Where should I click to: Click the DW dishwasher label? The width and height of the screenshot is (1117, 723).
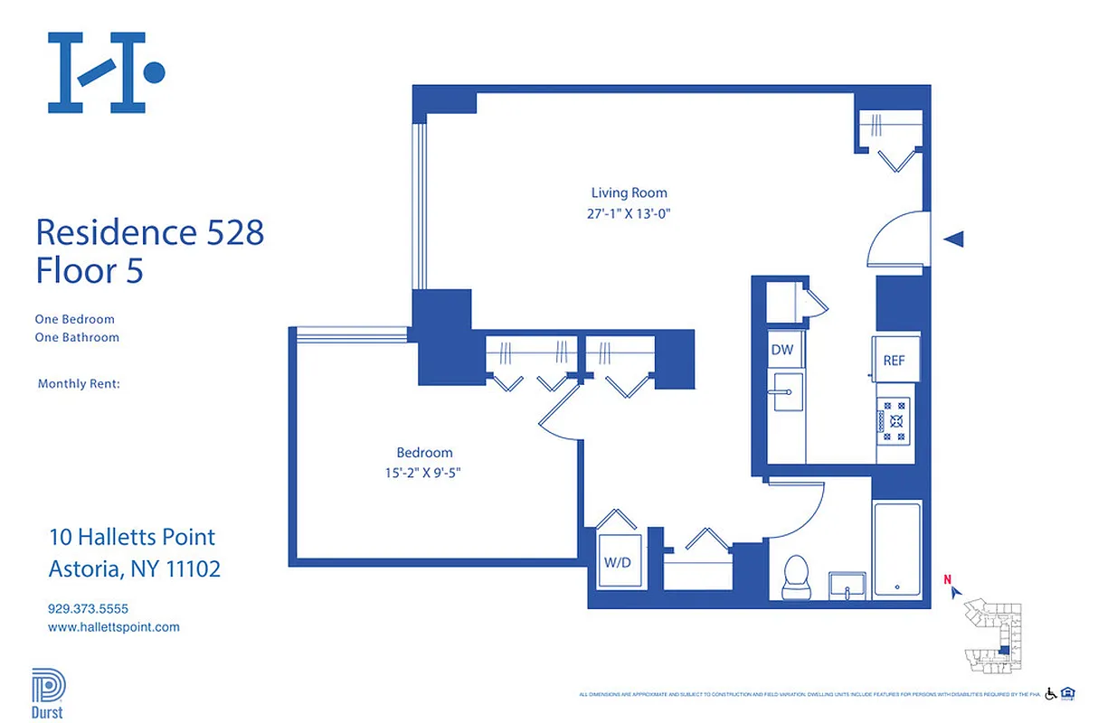(781, 350)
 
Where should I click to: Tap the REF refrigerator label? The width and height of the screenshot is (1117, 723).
(894, 361)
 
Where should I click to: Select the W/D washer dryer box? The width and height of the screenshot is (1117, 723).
(618, 561)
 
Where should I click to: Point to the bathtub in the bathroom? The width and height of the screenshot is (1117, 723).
(897, 549)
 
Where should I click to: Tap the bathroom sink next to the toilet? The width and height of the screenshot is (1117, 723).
(848, 585)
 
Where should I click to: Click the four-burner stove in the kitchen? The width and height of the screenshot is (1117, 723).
(896, 420)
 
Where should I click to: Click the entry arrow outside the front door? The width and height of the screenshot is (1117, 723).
(953, 239)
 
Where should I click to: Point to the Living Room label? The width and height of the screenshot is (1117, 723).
(629, 192)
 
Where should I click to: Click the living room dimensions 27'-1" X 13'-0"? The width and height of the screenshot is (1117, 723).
(629, 214)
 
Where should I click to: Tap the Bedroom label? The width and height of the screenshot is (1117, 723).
(424, 453)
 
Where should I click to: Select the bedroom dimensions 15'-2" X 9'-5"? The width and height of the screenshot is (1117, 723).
(424, 474)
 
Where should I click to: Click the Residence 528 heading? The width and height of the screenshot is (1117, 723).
(149, 232)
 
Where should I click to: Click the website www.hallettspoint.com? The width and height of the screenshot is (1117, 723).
(113, 626)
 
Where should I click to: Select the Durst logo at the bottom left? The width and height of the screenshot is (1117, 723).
(48, 691)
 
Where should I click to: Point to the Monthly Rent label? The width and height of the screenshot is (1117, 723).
(79, 384)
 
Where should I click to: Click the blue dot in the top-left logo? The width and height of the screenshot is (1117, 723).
(155, 71)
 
